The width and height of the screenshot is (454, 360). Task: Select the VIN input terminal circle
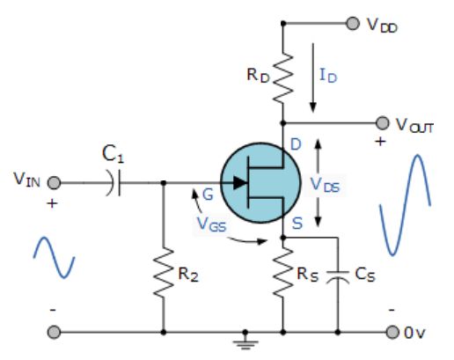(x=55, y=183)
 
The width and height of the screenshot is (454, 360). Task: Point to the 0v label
(x=420, y=333)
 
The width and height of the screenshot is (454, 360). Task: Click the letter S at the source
(x=298, y=225)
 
